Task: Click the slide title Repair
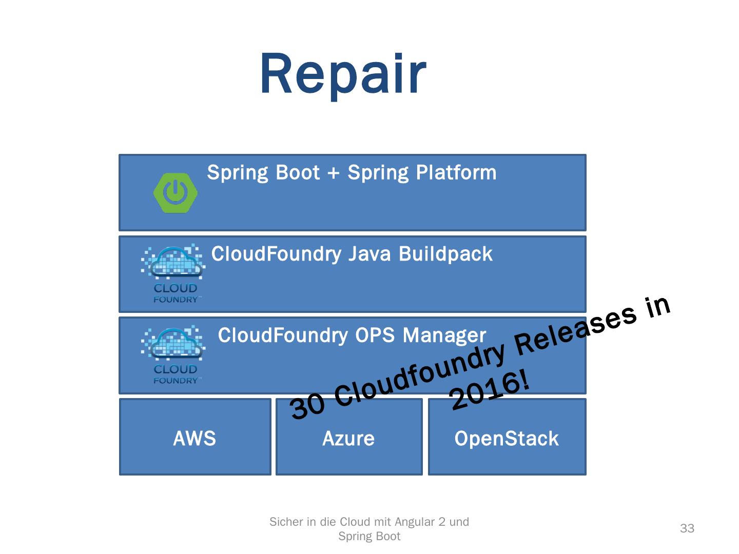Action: click(x=343, y=75)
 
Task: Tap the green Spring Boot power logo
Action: click(x=176, y=193)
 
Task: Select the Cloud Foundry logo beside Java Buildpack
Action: click(x=173, y=273)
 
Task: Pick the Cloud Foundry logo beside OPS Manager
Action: click(x=173, y=354)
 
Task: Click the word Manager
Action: click(x=444, y=335)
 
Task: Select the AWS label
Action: click(x=195, y=439)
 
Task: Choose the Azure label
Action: click(x=348, y=439)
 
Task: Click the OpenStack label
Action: click(x=507, y=439)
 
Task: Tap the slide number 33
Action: click(x=687, y=528)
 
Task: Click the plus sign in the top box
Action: click(x=334, y=173)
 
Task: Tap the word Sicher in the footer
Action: click(x=286, y=522)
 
